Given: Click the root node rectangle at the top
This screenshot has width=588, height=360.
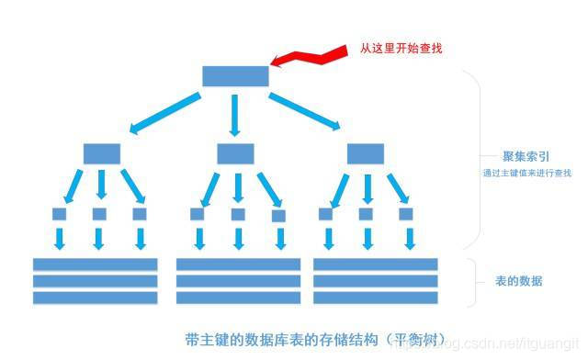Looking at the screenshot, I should tap(235, 75).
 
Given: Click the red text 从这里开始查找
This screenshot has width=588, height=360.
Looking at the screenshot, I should tap(401, 48).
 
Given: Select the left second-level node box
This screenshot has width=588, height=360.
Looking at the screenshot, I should tap(101, 153).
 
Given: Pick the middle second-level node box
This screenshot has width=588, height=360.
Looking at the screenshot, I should tap(235, 153).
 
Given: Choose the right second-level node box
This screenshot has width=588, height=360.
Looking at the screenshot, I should tap(365, 153).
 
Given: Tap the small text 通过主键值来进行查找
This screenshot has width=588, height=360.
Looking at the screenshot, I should tap(526, 173).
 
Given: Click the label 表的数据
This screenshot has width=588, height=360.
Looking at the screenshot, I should tap(518, 281).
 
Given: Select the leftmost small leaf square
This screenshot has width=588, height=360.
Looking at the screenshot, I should tap(60, 214).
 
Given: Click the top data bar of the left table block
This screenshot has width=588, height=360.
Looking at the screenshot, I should tap(96, 264).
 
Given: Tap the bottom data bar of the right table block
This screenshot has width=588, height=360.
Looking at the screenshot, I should tap(376, 298).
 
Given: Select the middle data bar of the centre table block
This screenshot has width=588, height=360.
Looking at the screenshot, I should tap(238, 281).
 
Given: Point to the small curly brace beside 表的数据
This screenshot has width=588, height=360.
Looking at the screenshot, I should tap(474, 281).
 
